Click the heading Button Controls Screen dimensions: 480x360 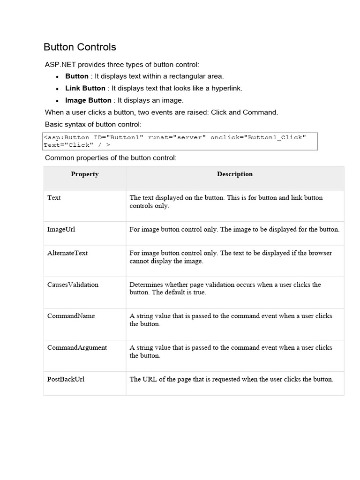pyautogui.click(x=80, y=47)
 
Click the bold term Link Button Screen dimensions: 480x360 pyautogui.click(x=85, y=88)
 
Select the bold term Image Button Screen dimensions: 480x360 pyautogui.click(x=88, y=100)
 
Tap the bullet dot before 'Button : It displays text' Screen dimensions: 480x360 pyautogui.click(x=57, y=76)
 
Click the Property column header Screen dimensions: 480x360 pyautogui.click(x=85, y=174)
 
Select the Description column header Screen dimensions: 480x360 pyautogui.click(x=234, y=174)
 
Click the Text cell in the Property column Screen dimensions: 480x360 pyautogui.click(x=54, y=198)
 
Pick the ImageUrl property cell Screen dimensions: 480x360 pyautogui.click(x=61, y=229)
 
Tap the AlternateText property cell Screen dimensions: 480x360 pyautogui.click(x=67, y=253)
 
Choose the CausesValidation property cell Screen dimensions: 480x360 pyautogui.click(x=73, y=285)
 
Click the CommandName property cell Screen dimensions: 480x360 pyautogui.click(x=71, y=316)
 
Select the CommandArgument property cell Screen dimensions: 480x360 pyautogui.click(x=77, y=347)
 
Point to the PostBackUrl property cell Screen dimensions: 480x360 pyautogui.click(x=66, y=379)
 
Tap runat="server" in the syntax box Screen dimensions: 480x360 pyautogui.click(x=177, y=137)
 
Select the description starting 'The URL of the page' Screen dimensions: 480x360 pyautogui.click(x=231, y=379)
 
